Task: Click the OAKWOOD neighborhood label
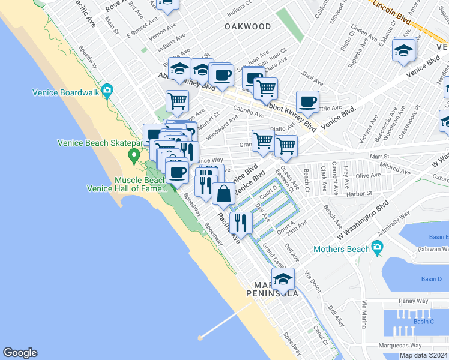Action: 247,26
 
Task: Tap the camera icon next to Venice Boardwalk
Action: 107,91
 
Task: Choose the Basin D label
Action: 431,279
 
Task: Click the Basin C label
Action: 424,322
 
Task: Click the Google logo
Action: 20,353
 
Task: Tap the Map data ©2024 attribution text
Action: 423,355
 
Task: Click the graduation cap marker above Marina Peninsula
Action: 283,279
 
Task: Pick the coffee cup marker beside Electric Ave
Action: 307,101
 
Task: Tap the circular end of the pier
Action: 200,337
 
